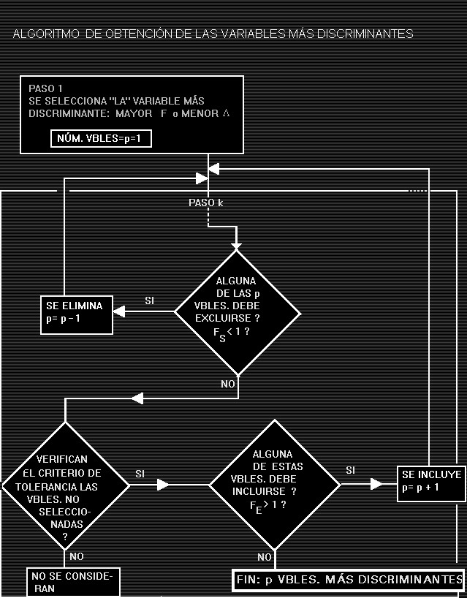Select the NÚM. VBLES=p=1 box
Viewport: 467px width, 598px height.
coord(101,138)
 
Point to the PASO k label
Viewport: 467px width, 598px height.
coord(205,203)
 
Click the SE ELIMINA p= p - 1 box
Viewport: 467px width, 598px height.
coord(76,312)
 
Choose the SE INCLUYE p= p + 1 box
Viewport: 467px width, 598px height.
coord(431,485)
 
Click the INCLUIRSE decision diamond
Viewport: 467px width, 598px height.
coord(274,485)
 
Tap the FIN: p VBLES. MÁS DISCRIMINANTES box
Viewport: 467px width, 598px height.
coord(349,580)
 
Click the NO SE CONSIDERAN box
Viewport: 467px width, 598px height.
coord(72,582)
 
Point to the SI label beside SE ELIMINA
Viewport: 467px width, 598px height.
coord(150,300)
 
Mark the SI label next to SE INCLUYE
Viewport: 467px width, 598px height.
coord(351,470)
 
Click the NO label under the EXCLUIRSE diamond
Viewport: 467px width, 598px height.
coord(228,384)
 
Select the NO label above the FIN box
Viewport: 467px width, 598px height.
coord(265,557)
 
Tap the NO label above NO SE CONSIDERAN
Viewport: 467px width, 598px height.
coord(77,557)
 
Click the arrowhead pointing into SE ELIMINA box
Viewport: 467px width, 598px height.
coord(120,312)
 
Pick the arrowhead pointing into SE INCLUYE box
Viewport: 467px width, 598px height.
coord(377,484)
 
